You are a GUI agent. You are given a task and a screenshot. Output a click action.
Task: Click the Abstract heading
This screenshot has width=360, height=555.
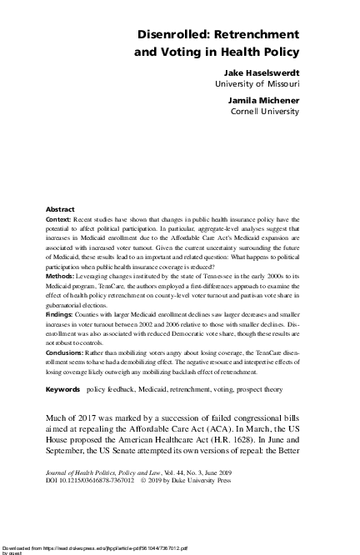coord(59,207)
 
